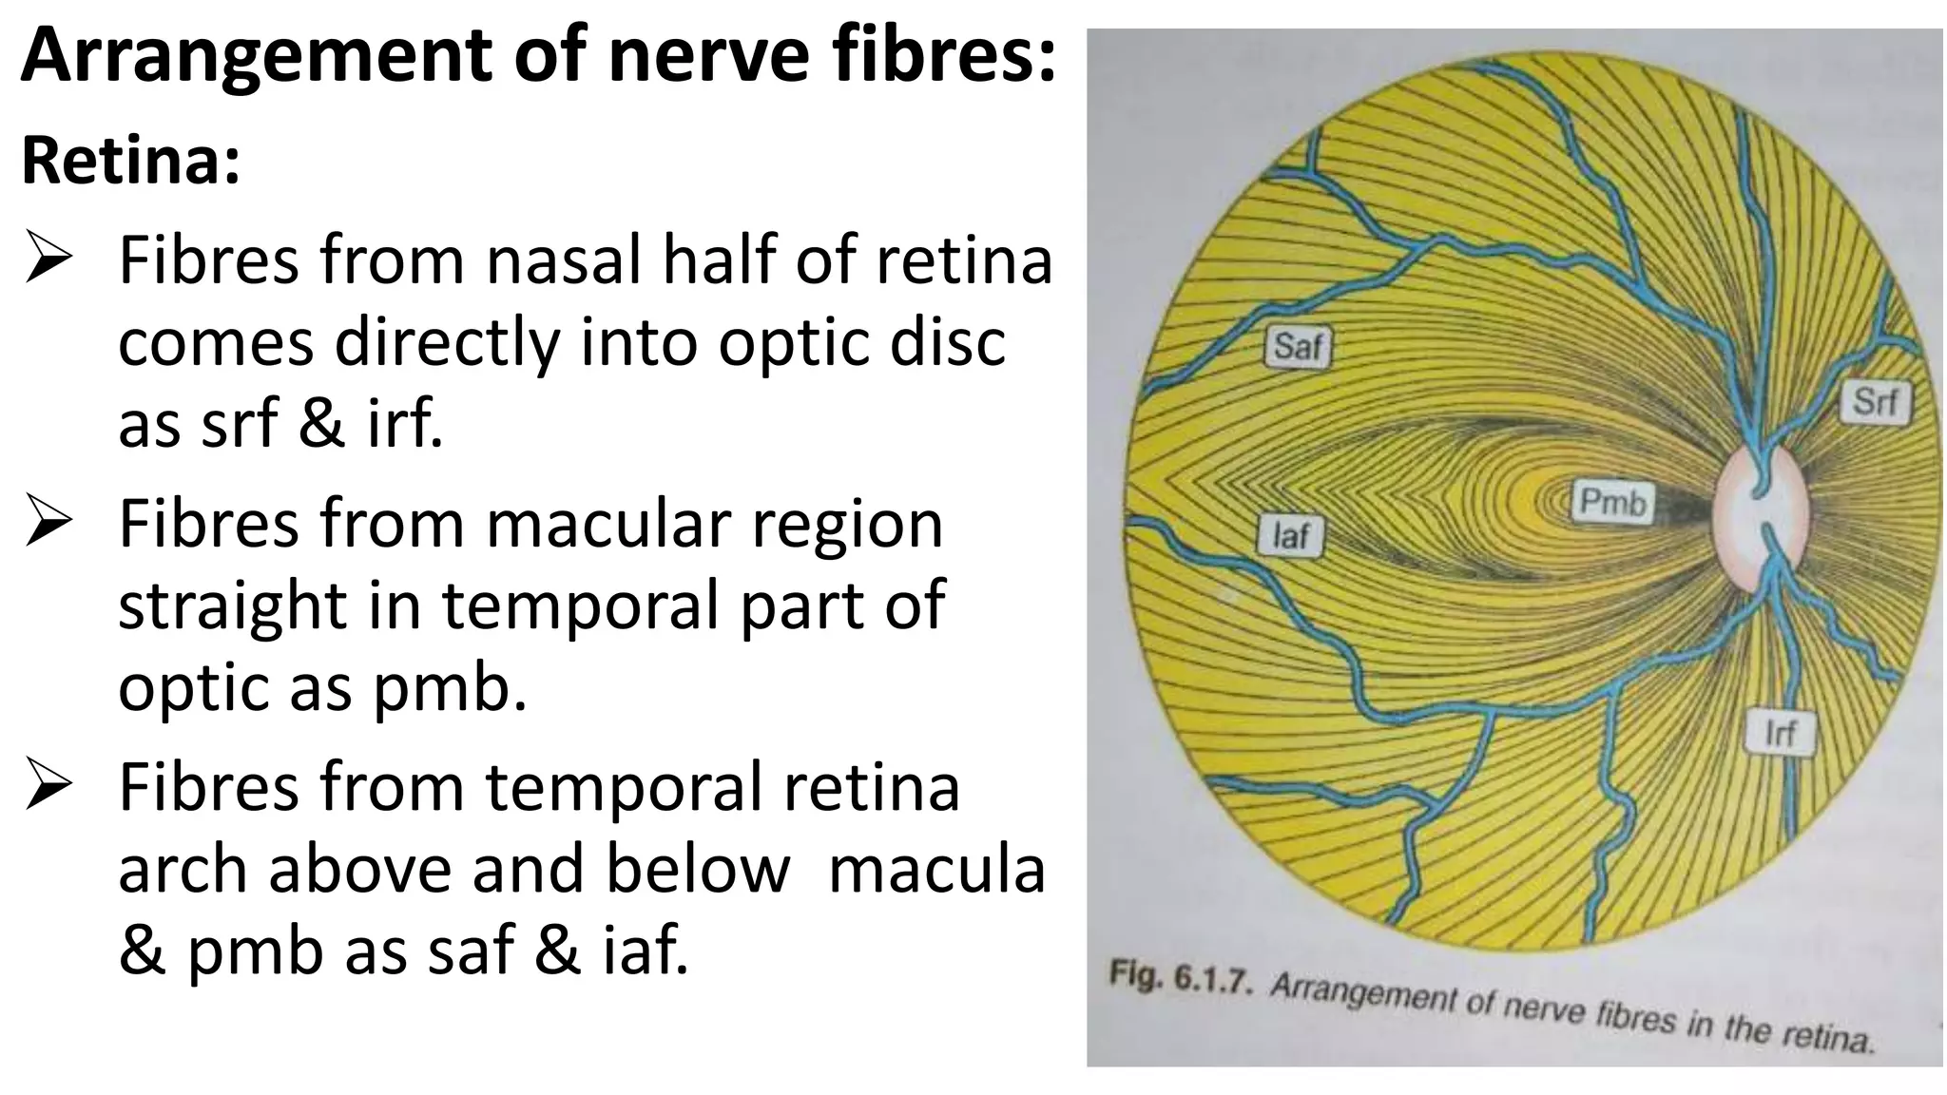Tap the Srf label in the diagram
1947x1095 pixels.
pyautogui.click(x=1875, y=401)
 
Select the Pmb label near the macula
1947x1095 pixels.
pyautogui.click(x=1612, y=501)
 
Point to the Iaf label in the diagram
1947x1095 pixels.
pyautogui.click(x=1290, y=536)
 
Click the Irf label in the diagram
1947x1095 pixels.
pyautogui.click(x=1780, y=733)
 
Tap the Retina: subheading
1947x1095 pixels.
pyautogui.click(x=131, y=162)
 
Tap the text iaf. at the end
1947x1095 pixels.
pyautogui.click(x=645, y=951)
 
